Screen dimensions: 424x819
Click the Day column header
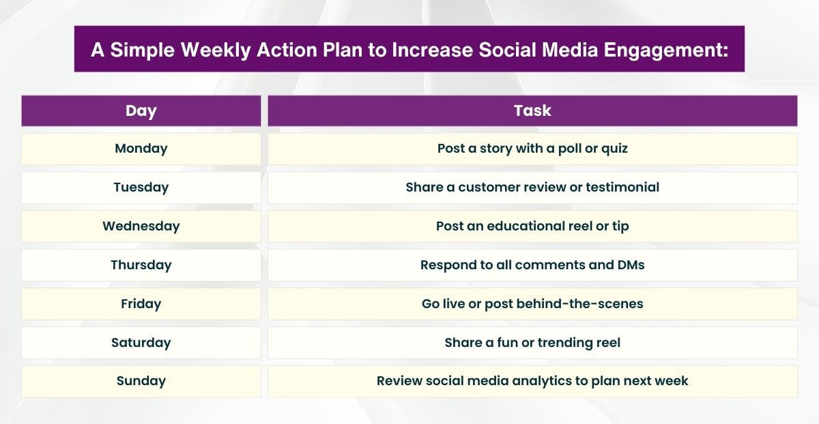coord(141,111)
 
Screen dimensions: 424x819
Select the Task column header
coord(532,111)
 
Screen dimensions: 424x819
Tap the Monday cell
coord(141,149)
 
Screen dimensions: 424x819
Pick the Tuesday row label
coord(141,187)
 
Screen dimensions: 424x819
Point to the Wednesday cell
coord(141,226)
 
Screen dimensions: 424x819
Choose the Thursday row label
coord(141,265)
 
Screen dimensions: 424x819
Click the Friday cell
coord(141,304)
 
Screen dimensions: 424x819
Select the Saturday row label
coord(141,343)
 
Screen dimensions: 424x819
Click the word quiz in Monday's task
coord(614,149)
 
